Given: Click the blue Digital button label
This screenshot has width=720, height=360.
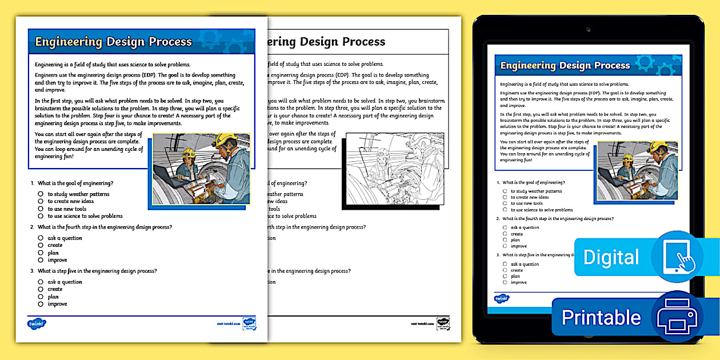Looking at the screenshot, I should click(x=611, y=257).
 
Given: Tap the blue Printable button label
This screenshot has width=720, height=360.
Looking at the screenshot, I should click(x=601, y=317).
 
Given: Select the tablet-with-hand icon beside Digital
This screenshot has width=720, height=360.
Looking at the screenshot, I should click(x=677, y=257).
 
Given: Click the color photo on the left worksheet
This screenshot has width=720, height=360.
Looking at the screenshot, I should click(x=202, y=169).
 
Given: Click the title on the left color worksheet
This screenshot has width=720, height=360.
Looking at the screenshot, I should click(x=113, y=42).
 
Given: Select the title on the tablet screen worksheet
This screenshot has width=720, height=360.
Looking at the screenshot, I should click(x=565, y=65).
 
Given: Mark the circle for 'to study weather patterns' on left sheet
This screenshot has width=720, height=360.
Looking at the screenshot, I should click(x=41, y=194).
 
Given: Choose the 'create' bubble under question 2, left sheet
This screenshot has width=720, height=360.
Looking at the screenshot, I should click(x=41, y=245).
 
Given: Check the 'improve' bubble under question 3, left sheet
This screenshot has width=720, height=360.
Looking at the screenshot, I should click(x=41, y=304).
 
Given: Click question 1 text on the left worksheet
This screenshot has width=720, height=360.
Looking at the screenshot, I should click(x=75, y=183).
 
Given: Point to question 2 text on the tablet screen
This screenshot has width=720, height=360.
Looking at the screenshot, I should click(x=558, y=219).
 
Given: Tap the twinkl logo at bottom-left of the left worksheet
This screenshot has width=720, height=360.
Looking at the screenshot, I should click(x=36, y=323).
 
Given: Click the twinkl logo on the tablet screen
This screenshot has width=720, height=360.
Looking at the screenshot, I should click(x=502, y=298).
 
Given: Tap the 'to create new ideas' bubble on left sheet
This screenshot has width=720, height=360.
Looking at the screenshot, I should click(x=41, y=202).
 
